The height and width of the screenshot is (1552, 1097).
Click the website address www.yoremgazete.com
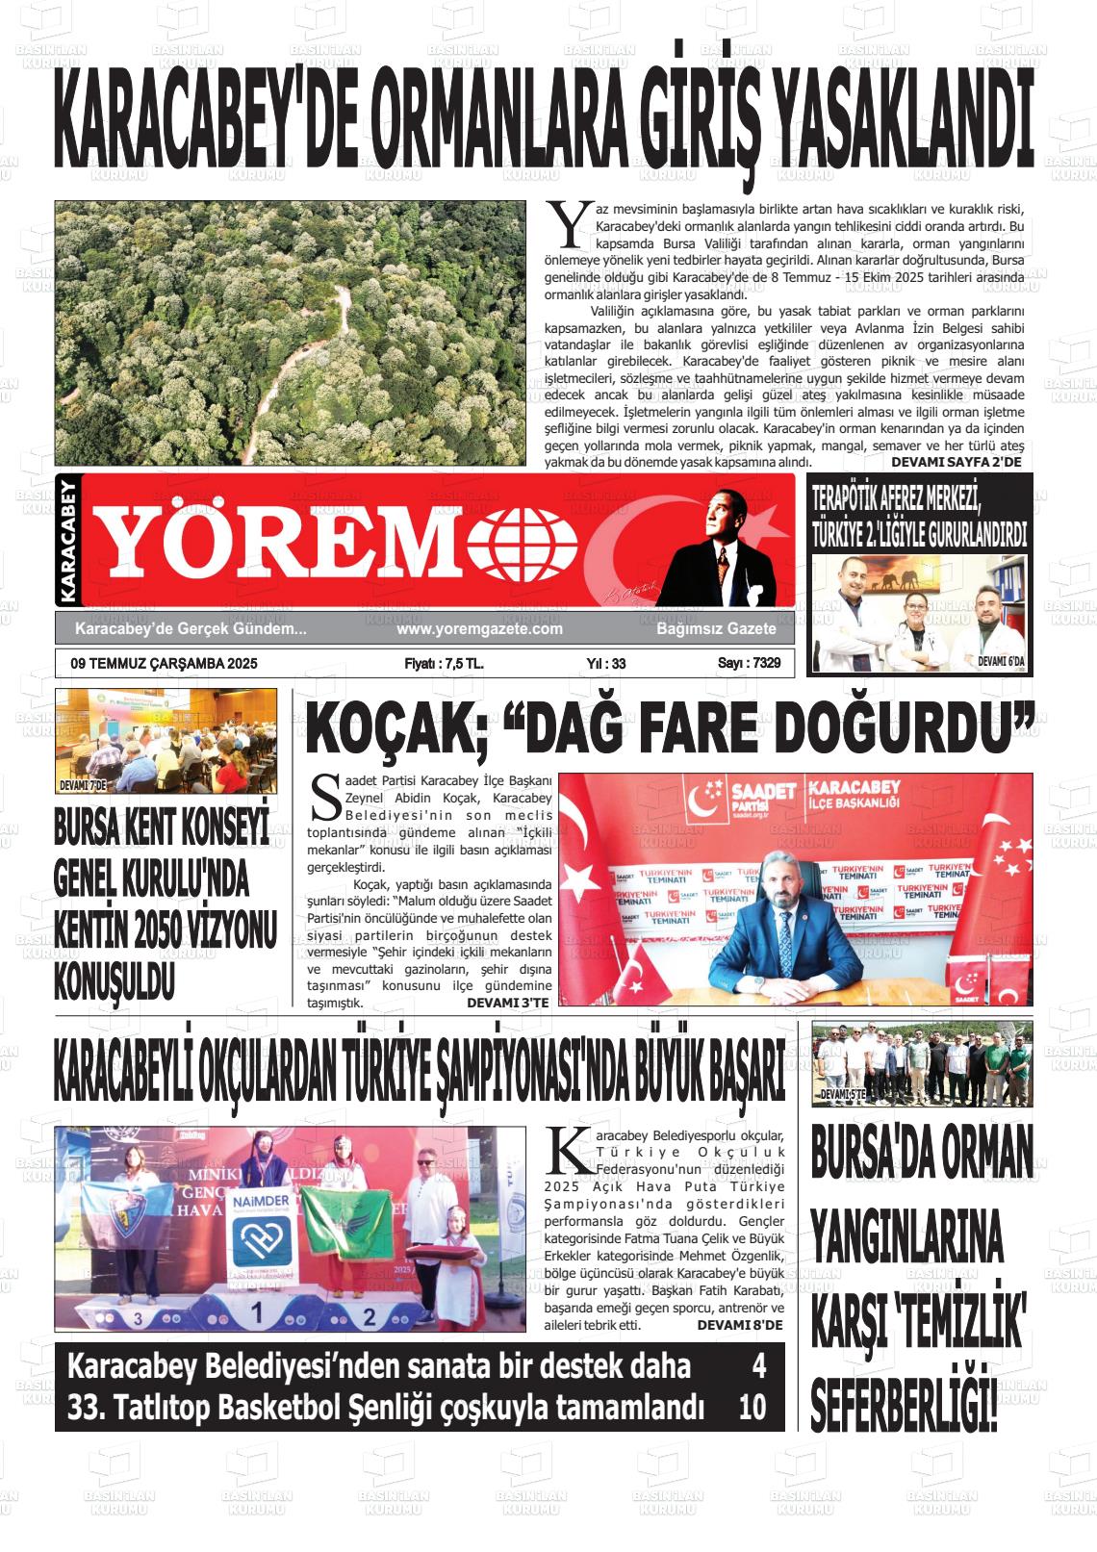479,628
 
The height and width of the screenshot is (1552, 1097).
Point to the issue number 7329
761,663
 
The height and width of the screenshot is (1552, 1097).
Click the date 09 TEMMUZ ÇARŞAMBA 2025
165,663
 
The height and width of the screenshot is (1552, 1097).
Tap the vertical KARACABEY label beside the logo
66,542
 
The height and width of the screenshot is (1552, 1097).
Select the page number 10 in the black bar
753,1408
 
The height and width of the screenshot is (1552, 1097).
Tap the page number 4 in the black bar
758,1366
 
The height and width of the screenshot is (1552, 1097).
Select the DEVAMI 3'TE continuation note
508,1003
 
